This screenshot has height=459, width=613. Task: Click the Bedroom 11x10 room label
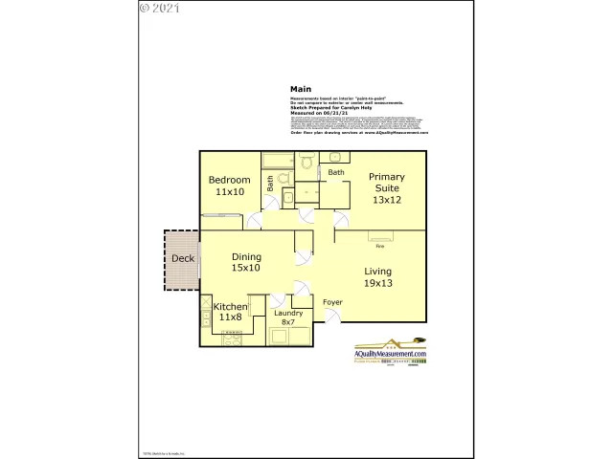click(229, 186)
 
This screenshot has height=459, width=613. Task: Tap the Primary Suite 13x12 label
click(388, 188)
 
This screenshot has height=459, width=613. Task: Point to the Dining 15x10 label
click(246, 262)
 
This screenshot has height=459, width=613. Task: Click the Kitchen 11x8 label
click(230, 312)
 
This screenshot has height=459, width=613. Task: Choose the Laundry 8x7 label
click(288, 317)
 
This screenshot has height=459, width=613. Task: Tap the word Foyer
click(332, 302)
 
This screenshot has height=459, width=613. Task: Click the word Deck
click(182, 259)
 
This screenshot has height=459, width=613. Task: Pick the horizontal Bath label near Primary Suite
click(336, 172)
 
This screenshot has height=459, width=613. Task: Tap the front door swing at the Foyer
click(329, 317)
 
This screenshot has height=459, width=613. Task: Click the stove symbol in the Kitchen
click(231, 339)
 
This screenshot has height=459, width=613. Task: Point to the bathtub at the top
click(278, 159)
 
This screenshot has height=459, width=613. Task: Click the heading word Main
click(301, 89)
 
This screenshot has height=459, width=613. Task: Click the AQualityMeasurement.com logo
click(391, 351)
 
